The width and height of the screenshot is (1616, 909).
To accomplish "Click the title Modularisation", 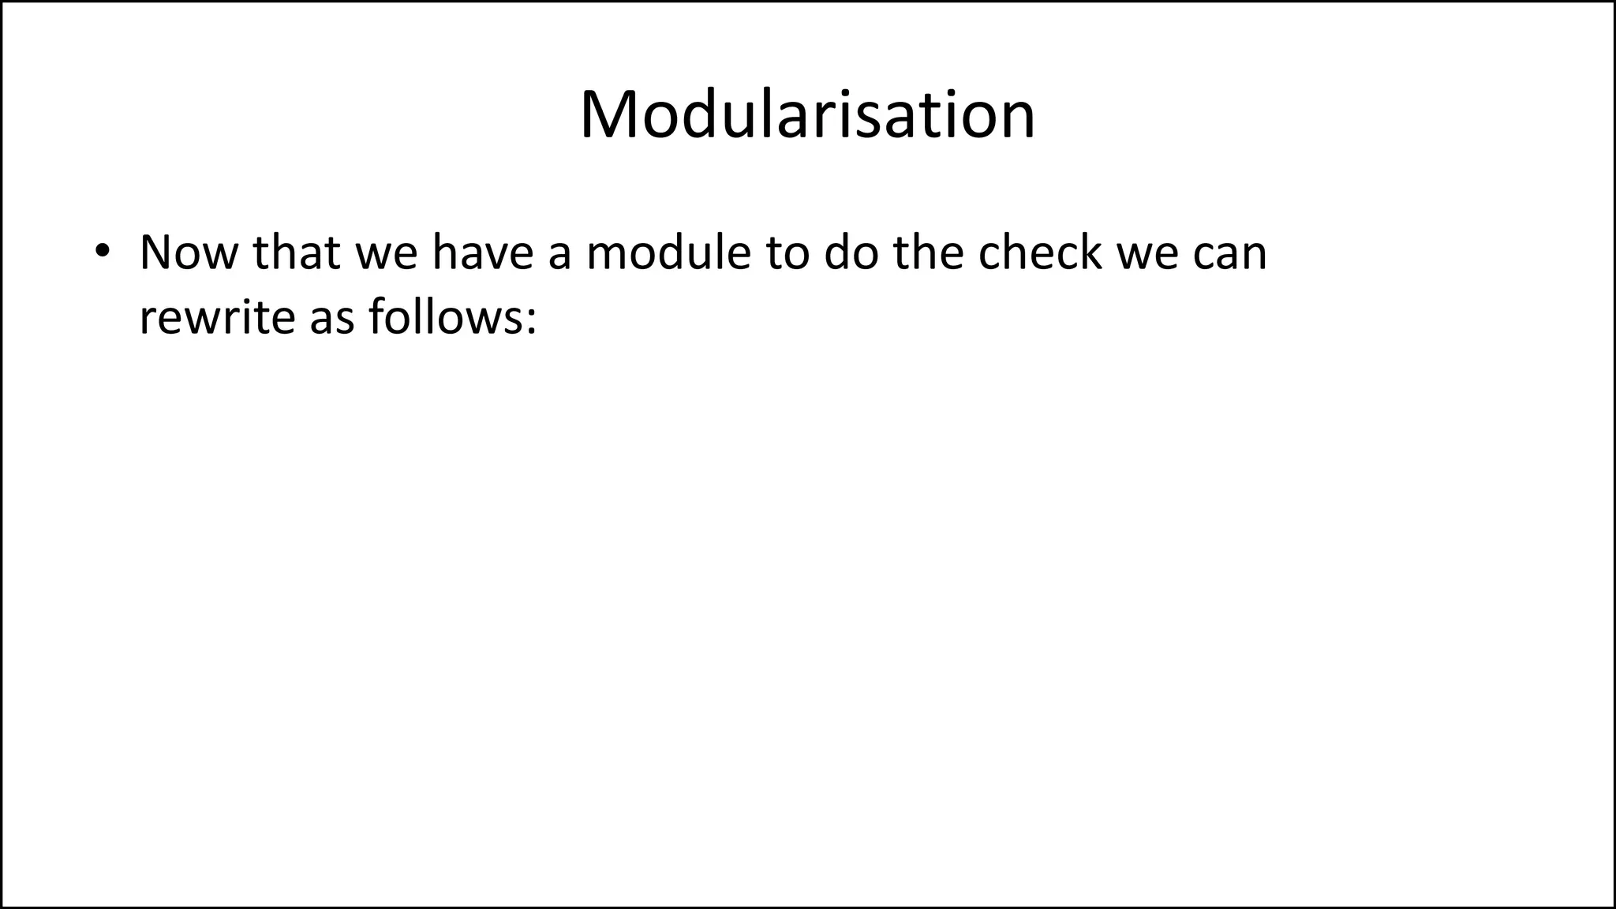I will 807,115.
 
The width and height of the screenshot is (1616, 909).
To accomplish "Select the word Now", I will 188,252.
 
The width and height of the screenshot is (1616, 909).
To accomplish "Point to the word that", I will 296,252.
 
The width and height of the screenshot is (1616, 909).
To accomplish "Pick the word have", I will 482,252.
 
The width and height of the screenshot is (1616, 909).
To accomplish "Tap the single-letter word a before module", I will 559,257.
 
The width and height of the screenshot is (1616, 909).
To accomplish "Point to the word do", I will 851,252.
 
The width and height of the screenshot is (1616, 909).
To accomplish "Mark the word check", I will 1039,252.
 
